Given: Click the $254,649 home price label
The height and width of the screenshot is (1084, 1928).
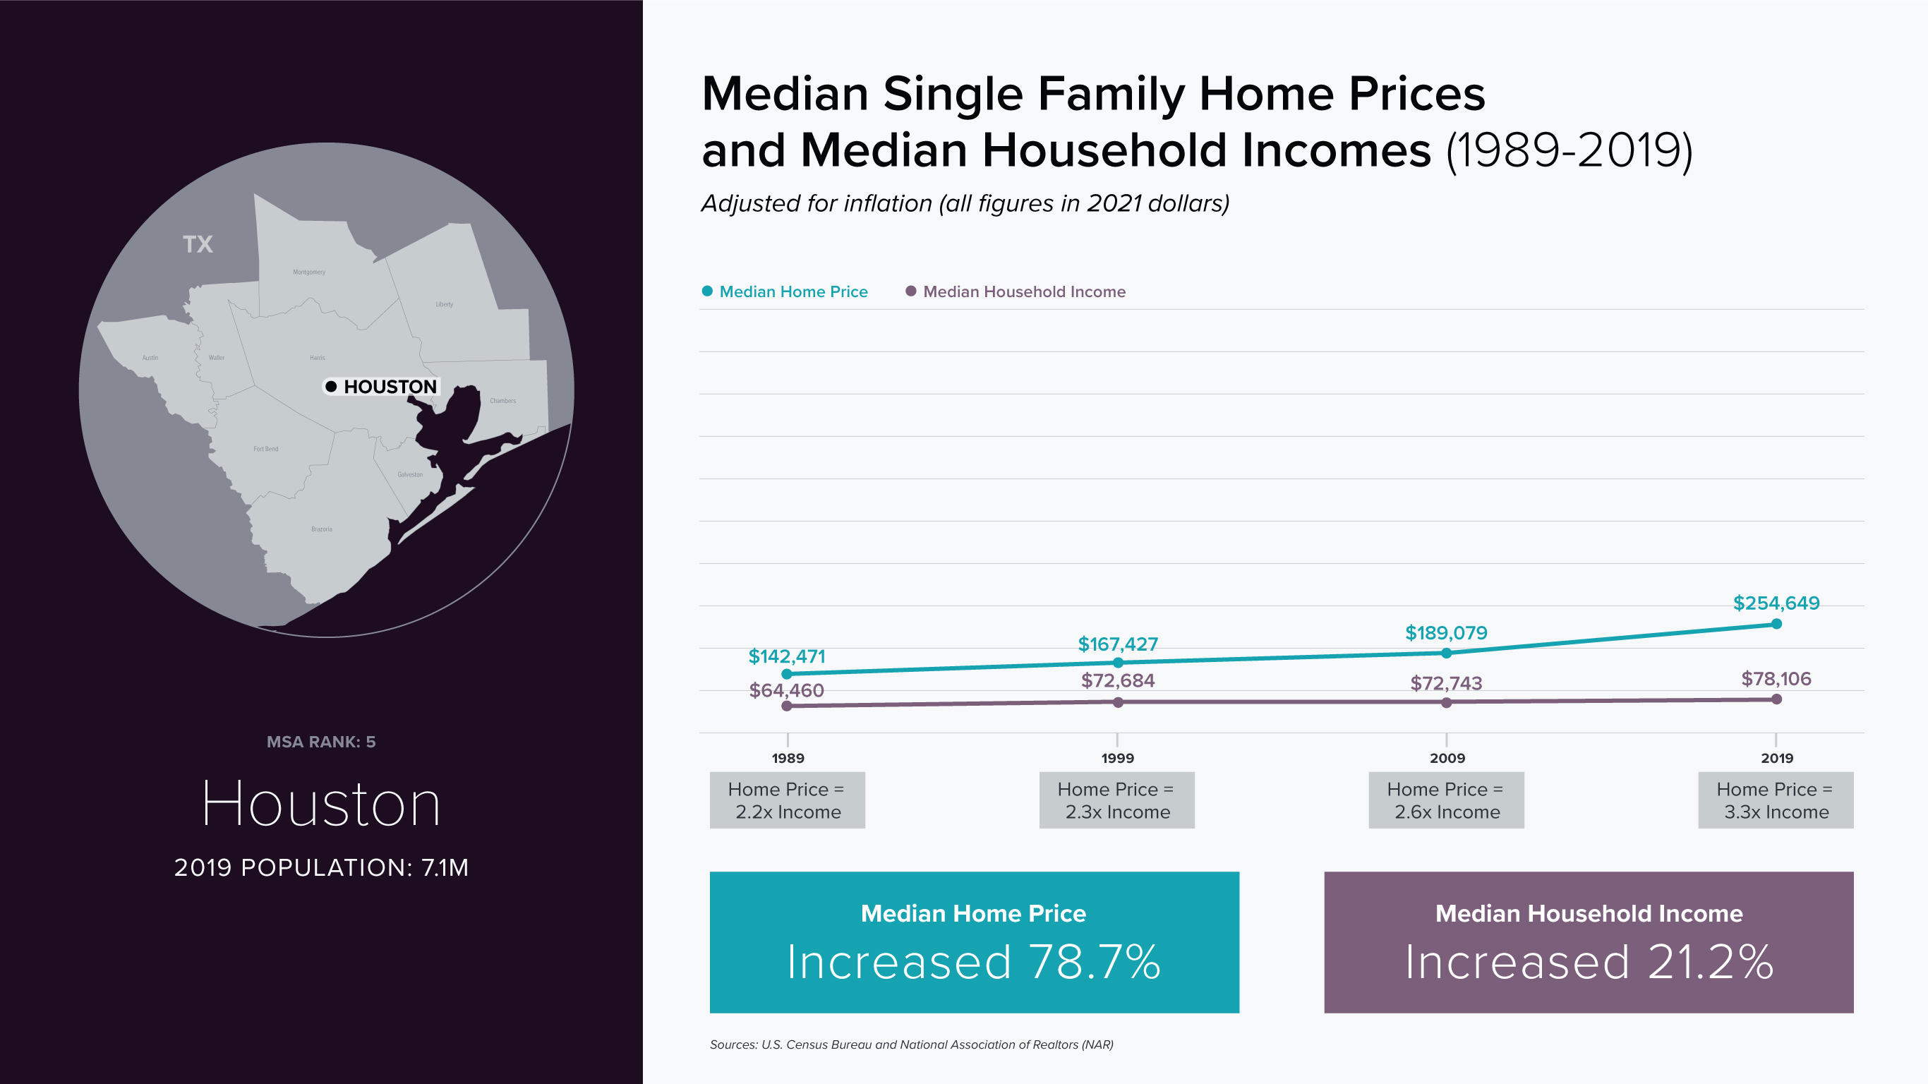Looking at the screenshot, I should [x=1776, y=603].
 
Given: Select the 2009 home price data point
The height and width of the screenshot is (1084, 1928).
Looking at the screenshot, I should [x=1446, y=653].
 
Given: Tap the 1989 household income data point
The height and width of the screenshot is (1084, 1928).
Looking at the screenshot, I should [x=787, y=705].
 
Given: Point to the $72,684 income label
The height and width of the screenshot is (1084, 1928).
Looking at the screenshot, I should [x=1117, y=680].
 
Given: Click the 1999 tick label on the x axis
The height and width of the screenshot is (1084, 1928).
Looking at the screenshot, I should [x=1117, y=758].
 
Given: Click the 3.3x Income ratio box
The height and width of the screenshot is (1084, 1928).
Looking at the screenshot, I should [x=1776, y=800].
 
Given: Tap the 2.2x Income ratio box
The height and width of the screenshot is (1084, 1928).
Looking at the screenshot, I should [x=788, y=800].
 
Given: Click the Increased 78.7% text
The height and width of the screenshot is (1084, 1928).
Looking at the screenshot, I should [x=974, y=962].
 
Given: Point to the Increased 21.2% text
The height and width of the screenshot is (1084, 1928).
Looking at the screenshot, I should [x=1589, y=962].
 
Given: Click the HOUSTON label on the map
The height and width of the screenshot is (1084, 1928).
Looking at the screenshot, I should [x=389, y=386].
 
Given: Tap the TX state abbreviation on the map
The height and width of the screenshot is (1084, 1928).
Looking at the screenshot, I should [x=198, y=244].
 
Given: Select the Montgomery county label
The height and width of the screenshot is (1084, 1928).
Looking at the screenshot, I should [x=309, y=272].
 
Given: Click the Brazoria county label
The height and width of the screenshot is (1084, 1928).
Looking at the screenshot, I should [x=322, y=529].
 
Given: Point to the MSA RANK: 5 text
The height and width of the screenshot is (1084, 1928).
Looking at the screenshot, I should [x=321, y=742].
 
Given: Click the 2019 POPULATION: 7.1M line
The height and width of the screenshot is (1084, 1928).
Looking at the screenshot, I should [x=321, y=867].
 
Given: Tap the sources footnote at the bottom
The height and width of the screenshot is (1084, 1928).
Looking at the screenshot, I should [x=911, y=1044].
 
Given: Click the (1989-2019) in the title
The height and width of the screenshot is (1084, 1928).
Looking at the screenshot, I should [x=1569, y=150].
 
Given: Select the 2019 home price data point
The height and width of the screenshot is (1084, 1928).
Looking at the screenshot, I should [x=1776, y=624].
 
